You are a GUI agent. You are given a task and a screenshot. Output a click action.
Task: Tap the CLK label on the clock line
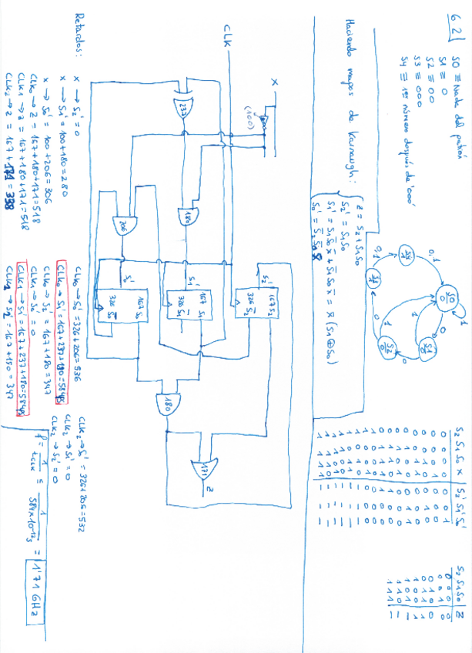pyautogui.click(x=228, y=39)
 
